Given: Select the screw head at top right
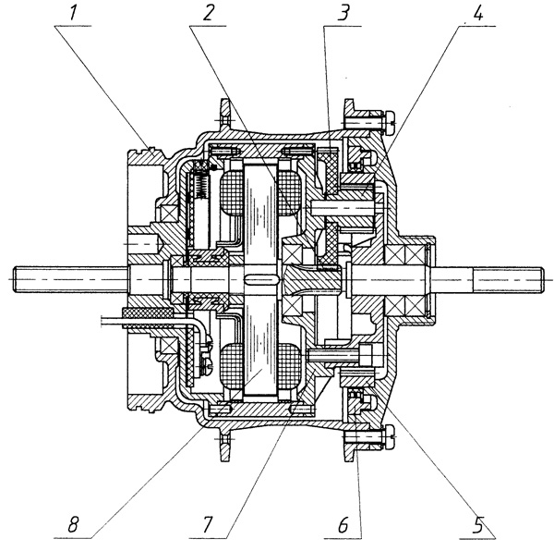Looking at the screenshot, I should (389, 118).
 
